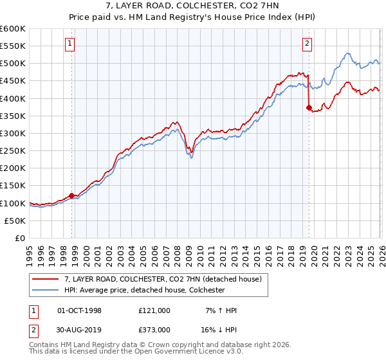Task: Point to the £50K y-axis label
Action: [x=15, y=221]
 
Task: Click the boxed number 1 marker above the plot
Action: [x=69, y=44]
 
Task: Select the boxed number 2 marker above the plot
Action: [x=308, y=44]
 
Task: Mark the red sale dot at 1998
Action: [x=71, y=195]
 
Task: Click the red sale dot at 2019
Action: [x=309, y=107]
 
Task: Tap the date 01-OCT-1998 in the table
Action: [x=80, y=310]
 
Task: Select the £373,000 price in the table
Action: [x=154, y=330]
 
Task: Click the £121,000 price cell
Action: [x=154, y=310]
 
